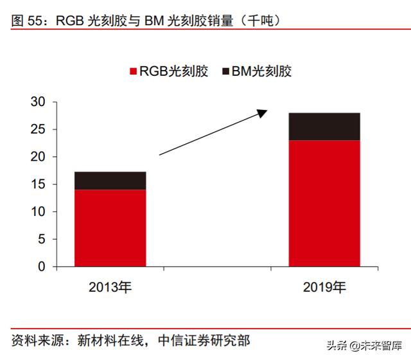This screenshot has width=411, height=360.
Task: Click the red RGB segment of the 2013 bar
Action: click(x=110, y=228)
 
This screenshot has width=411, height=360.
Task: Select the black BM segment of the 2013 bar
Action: click(x=110, y=181)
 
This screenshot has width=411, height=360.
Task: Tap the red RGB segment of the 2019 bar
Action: click(x=324, y=203)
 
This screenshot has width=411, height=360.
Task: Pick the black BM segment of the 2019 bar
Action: click(x=324, y=127)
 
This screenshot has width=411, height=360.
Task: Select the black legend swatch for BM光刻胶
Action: click(x=227, y=71)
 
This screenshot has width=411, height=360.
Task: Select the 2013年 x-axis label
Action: click(x=110, y=287)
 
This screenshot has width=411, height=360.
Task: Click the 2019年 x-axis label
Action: click(x=324, y=287)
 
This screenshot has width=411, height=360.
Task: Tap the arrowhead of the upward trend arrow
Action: click(x=262, y=113)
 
